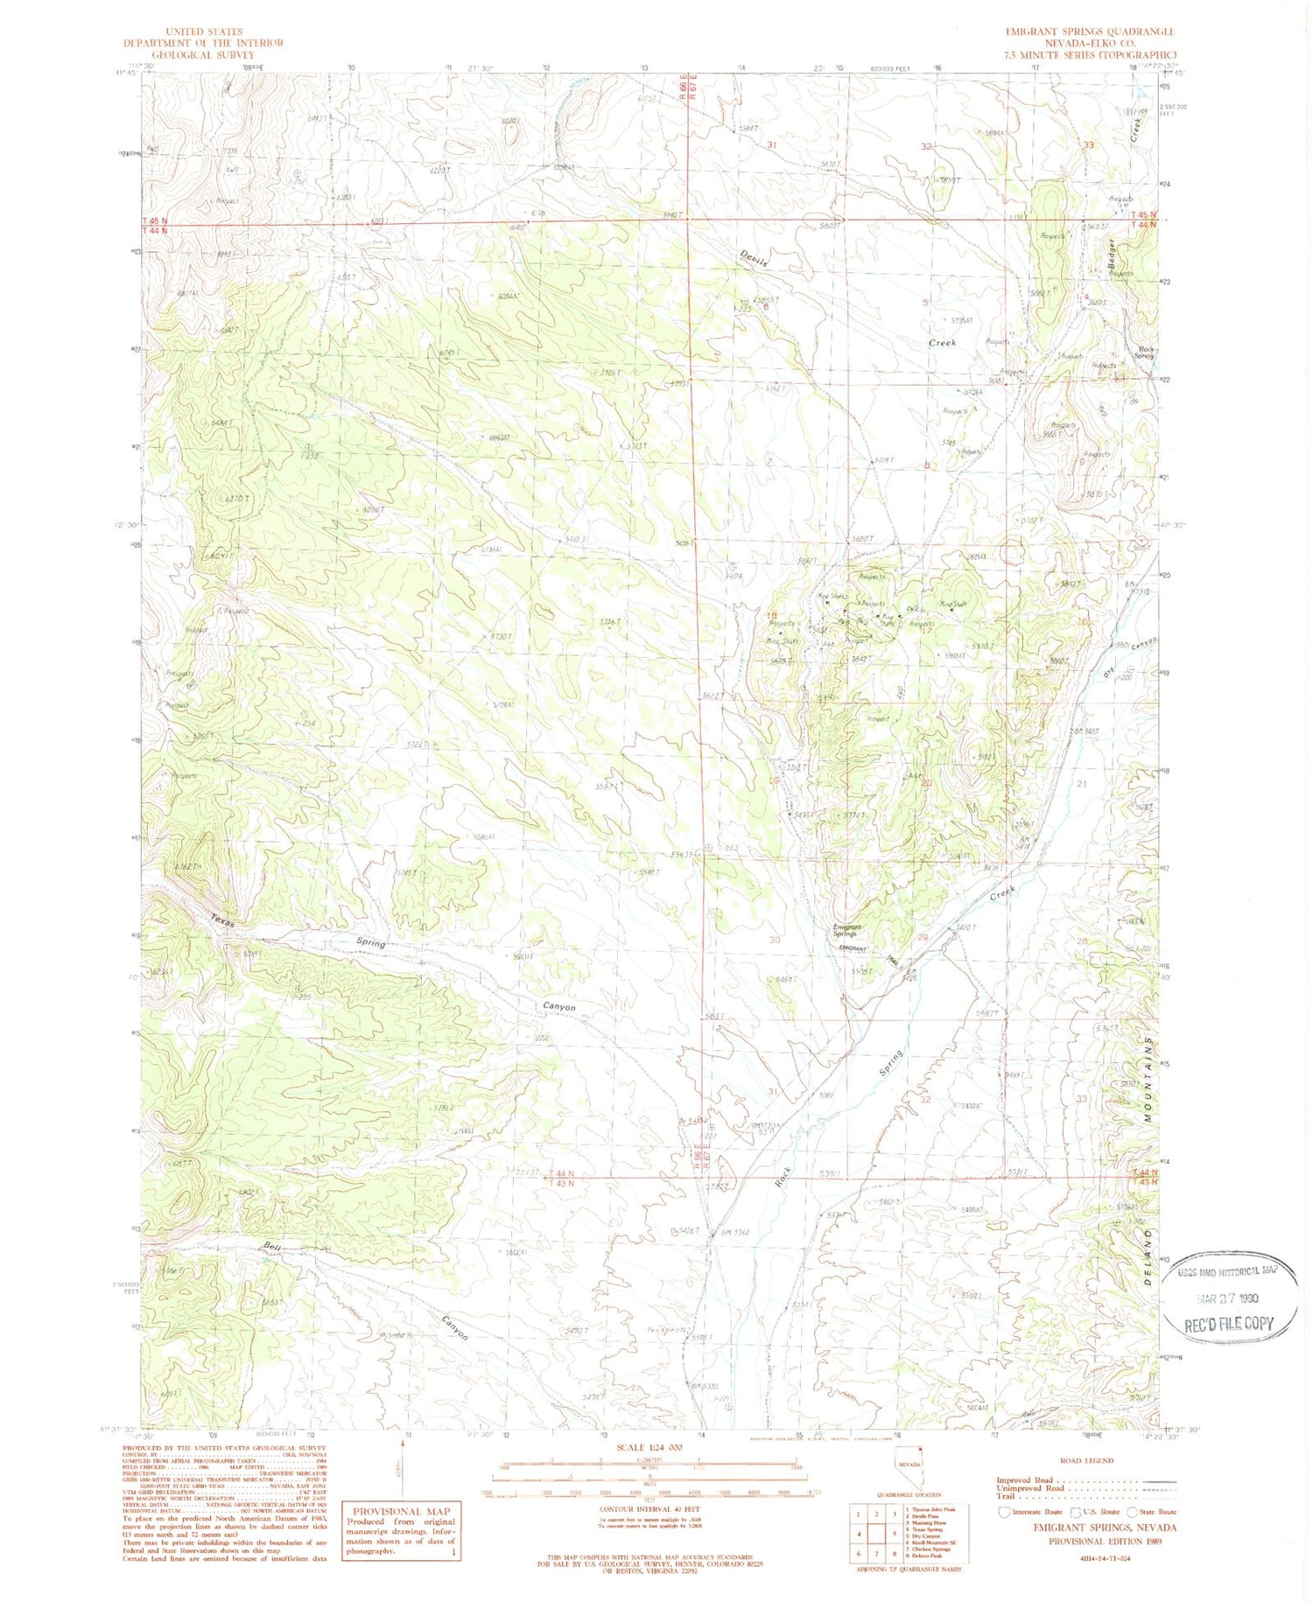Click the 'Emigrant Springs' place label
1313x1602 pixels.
(x=846, y=931)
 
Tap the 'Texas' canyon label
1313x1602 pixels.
(x=221, y=922)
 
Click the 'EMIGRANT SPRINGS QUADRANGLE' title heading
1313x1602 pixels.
(x=1089, y=31)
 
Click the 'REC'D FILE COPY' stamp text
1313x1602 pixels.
(x=1228, y=1324)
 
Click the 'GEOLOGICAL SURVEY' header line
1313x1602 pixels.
(x=203, y=54)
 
